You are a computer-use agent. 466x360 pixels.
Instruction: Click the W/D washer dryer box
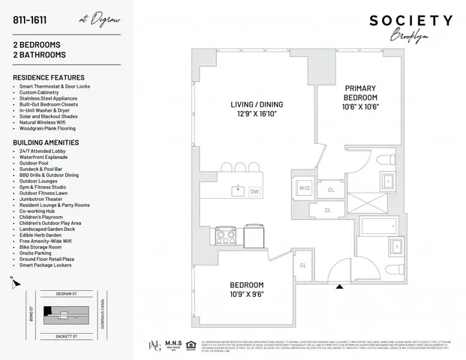pos(305,187)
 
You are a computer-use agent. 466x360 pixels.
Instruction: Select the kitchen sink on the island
pos(237,190)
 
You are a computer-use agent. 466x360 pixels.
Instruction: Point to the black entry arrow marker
pos(339,286)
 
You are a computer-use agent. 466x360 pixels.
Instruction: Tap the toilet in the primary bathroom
pos(385,159)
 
